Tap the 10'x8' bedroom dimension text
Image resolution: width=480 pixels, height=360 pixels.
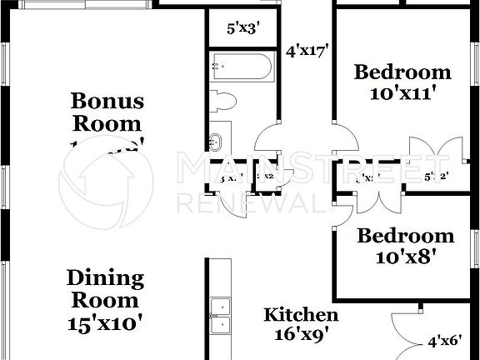point(404,257)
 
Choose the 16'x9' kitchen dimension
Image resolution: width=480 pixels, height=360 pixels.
point(301,336)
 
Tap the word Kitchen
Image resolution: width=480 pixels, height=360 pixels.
point(301,315)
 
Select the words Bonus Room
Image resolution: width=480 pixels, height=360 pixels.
point(107,112)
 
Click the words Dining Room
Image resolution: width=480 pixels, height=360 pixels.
point(105,288)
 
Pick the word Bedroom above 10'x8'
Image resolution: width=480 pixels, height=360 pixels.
point(405,236)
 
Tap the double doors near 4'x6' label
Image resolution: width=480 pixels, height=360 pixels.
point(404,332)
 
